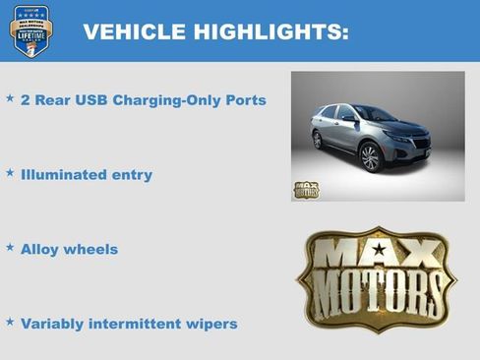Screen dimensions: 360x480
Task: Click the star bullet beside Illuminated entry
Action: [x=10, y=173]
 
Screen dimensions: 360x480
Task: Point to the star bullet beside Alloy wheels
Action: [x=10, y=247]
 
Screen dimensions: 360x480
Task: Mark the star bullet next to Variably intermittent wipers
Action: [x=10, y=322]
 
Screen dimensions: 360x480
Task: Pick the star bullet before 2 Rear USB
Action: [x=10, y=98]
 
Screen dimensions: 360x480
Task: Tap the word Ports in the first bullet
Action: [x=244, y=100]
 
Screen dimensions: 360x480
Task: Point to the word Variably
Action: [x=52, y=324]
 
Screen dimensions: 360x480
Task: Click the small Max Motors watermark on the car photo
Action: [x=306, y=189]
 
